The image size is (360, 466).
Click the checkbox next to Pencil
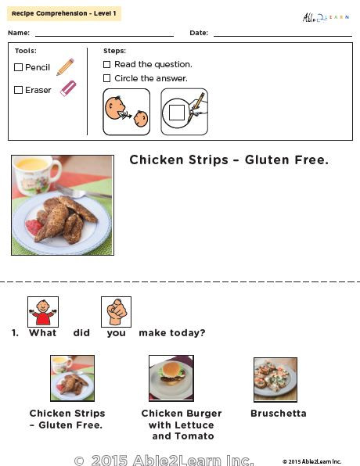tap(18, 68)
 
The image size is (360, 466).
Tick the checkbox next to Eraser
tap(18, 90)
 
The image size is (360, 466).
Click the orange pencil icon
tap(65, 67)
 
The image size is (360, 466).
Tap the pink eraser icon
tap(68, 88)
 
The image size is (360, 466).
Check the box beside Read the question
tap(107, 65)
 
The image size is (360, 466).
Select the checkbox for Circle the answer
tap(107, 78)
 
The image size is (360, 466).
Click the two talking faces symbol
tap(126, 112)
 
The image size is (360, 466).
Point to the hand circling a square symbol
tap(185, 112)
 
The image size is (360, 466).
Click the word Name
tap(19, 33)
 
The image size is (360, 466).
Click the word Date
tap(198, 33)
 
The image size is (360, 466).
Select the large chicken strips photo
tap(62, 205)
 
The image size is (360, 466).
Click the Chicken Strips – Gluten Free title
tap(229, 160)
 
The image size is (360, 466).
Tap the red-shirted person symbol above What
tap(43, 311)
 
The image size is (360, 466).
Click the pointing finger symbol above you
tap(116, 311)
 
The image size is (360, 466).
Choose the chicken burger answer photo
tap(171, 378)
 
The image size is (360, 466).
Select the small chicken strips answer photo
tap(72, 378)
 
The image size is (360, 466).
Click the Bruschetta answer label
tap(278, 414)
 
